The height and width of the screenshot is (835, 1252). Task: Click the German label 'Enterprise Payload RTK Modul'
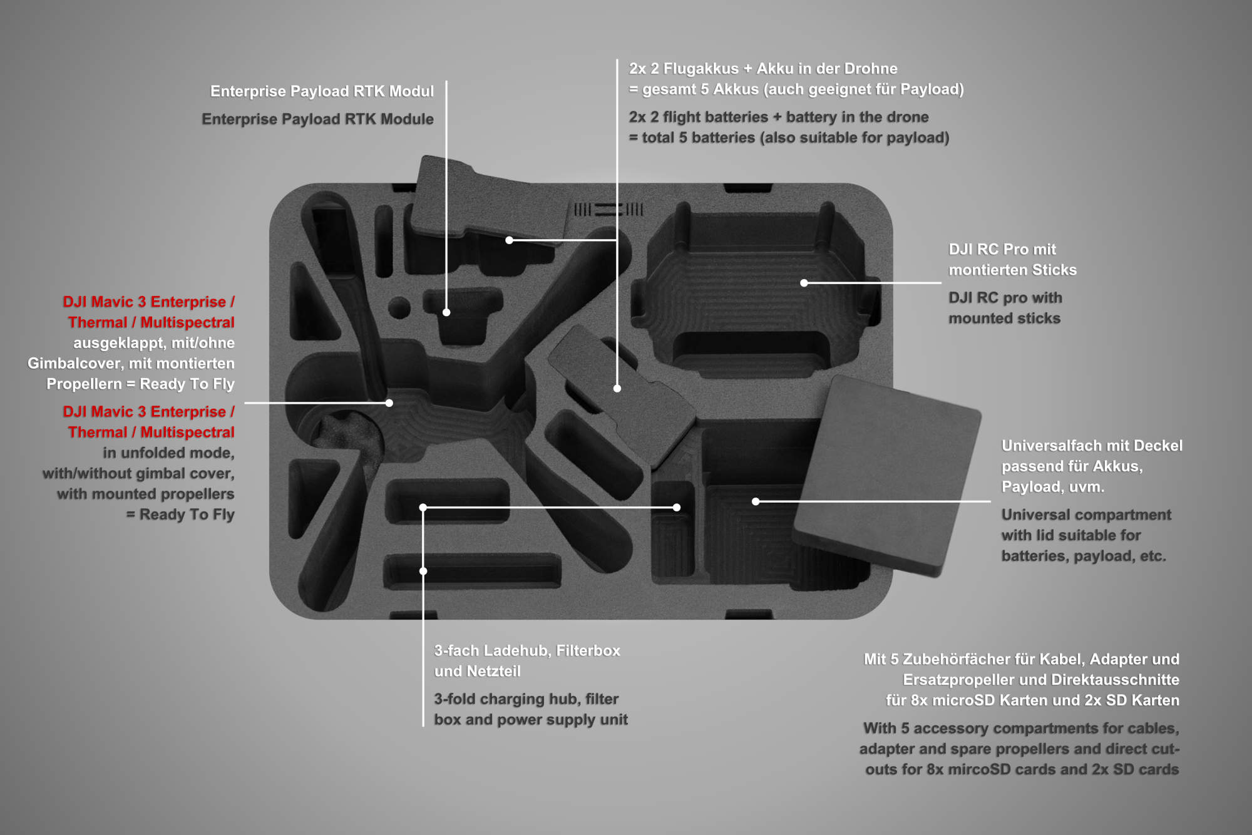pyautogui.click(x=322, y=91)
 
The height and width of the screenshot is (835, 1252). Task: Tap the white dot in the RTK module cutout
pyautogui.click(x=446, y=312)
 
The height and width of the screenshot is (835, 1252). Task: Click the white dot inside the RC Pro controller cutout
pyautogui.click(x=804, y=283)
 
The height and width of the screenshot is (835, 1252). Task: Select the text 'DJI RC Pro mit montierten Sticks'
pyautogui.click(x=1012, y=260)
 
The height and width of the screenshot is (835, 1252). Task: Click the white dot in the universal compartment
pyautogui.click(x=756, y=501)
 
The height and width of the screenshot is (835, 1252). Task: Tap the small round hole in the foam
pyautogui.click(x=399, y=308)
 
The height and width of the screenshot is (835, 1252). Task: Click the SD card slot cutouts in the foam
pyautogui.click(x=608, y=210)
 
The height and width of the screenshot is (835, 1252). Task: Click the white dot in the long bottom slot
pyautogui.click(x=423, y=571)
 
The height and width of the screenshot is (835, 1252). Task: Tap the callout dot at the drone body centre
pyautogui.click(x=389, y=403)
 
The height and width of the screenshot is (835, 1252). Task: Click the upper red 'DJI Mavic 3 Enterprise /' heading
pyautogui.click(x=149, y=302)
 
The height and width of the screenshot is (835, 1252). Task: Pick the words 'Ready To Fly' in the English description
pyautogui.click(x=187, y=515)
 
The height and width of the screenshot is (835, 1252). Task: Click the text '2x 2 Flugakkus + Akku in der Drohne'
pyautogui.click(x=763, y=69)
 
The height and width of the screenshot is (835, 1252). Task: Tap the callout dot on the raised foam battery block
pyautogui.click(x=617, y=389)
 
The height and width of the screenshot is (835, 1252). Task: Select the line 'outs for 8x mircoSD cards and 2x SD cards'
pyautogui.click(x=1022, y=769)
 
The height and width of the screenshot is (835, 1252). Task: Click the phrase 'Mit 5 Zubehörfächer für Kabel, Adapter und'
pyautogui.click(x=1022, y=659)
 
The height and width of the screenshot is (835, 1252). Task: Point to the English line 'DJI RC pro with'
pyautogui.click(x=1005, y=298)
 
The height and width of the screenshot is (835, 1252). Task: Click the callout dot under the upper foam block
pyautogui.click(x=510, y=240)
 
